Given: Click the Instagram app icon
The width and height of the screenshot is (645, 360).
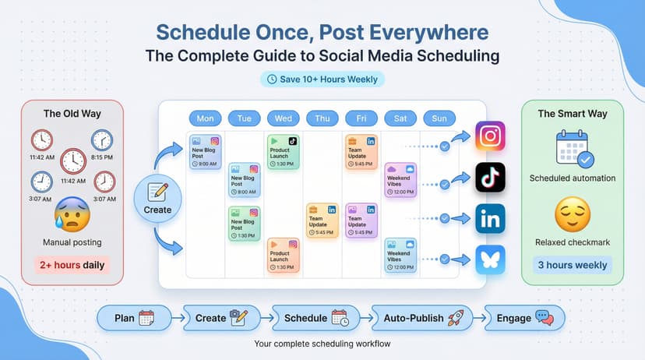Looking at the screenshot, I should coord(491,136).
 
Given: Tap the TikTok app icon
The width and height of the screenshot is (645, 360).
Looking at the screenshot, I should coord(491,178).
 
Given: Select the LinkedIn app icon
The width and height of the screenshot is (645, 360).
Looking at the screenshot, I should coord(491,220).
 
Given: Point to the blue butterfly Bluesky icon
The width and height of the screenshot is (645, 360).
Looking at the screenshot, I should coord(491,260).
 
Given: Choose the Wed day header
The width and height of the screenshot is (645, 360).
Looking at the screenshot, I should coord(284,118).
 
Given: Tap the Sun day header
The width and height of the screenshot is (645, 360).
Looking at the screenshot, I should coord(440,118).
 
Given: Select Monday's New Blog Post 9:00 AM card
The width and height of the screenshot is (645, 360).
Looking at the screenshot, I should coord(206,152).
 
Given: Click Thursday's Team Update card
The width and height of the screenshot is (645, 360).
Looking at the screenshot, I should coord(322,220).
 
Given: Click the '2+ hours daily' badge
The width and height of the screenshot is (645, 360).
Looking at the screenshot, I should coord(72,265).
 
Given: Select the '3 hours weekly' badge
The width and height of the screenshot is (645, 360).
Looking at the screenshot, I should coord(572,265).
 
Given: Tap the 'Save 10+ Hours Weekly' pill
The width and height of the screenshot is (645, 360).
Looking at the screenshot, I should coord(322,79).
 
